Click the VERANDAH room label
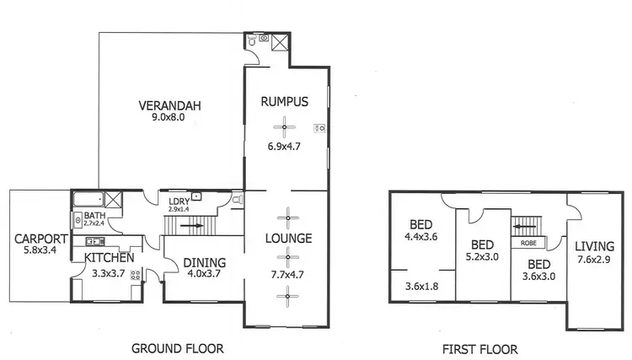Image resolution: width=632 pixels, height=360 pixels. coord(163,105)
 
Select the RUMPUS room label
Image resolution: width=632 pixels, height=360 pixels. coord(284,101)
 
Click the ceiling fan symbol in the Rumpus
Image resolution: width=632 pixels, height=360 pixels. coord(285,128)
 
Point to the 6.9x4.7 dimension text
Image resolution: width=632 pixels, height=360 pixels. coord(284,146)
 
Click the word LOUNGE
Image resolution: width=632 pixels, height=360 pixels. coord(287,239)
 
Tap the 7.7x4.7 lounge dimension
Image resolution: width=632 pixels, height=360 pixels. coord(287,274)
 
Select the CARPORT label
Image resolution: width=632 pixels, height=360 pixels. coord(40,239)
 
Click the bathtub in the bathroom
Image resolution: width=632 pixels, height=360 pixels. coord(87,201)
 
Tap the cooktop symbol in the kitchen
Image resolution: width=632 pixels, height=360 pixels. coord(135,273)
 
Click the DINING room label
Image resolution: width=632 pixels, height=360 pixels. coord(205,262)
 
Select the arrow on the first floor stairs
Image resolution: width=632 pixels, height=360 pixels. coord(527,226)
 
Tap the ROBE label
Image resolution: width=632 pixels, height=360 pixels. coord(528,243)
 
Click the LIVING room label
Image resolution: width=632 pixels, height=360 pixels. coord(595,246)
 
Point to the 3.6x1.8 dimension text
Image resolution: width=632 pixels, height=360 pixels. coord(421,286)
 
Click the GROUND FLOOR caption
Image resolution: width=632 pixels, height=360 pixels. coord(178,347)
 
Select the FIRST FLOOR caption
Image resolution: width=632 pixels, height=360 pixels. coord(480,347)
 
